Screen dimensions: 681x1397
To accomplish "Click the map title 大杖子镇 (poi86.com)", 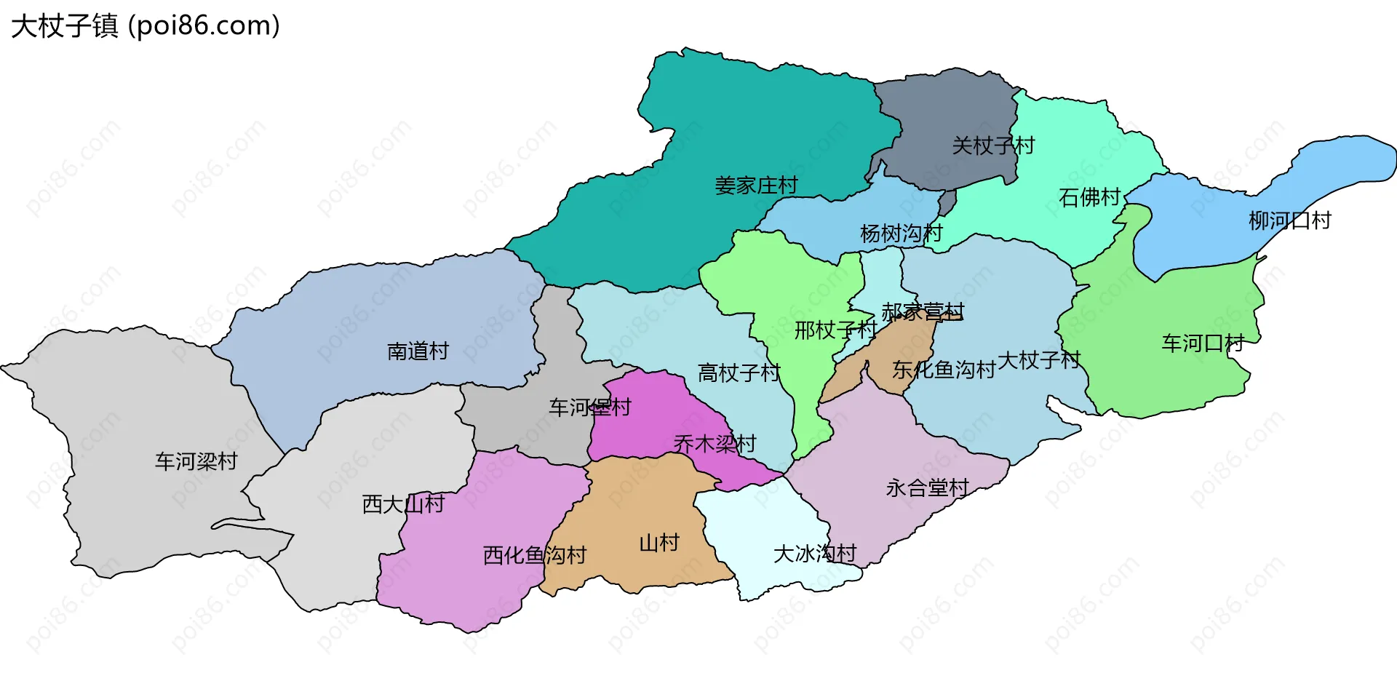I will coord(146,26).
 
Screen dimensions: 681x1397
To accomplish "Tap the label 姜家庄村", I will coord(756,186).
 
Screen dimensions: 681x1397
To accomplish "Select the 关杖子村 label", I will coord(993,146).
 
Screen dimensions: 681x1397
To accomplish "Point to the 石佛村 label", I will coord(1089,197).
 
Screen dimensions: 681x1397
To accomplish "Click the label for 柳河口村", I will coord(1289,220).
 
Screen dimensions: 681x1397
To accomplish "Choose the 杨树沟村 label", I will coord(901,234).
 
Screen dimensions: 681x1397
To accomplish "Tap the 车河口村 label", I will coord(1203,343).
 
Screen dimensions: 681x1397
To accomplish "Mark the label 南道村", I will coord(418,351).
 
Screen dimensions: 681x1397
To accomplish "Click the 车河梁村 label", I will coord(196,461).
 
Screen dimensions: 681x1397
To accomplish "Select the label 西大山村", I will coord(403,504).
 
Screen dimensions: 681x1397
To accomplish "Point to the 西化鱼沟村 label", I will coord(535,556).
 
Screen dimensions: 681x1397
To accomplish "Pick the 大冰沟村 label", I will coord(814,554).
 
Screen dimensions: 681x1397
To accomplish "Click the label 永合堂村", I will coord(927,487).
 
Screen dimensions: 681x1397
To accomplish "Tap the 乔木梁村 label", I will coord(715,444).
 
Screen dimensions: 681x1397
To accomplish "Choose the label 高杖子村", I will coord(739,373).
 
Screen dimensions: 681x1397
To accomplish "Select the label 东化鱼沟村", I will coord(944,370).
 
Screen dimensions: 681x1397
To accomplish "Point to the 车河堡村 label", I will coord(589,407).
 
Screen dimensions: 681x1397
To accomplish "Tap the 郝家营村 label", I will coord(923,312).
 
